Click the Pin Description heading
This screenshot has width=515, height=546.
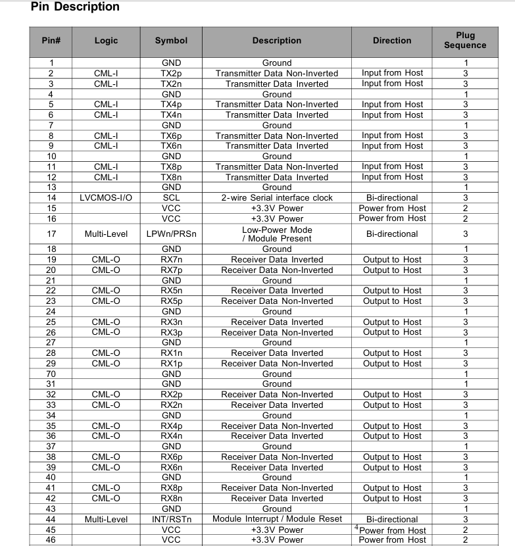[x=75, y=7]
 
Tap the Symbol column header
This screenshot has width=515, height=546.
[x=171, y=41]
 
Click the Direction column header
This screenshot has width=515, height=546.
[x=392, y=41]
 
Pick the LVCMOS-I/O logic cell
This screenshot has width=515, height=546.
[x=106, y=197]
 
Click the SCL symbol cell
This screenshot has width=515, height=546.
[x=171, y=197]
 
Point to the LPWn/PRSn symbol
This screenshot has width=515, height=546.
[x=171, y=234]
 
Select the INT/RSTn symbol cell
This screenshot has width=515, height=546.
[x=171, y=519]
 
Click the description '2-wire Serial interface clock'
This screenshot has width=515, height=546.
[x=277, y=197]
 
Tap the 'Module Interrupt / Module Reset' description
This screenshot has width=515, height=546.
[x=277, y=519]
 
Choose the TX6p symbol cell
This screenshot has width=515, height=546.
[x=171, y=136]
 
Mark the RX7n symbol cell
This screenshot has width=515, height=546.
[x=171, y=260]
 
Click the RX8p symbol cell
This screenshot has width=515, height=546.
[x=171, y=488]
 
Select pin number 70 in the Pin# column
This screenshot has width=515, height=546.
[x=51, y=374]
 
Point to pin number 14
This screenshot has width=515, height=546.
[x=51, y=197]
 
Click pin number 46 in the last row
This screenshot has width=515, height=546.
[x=51, y=540]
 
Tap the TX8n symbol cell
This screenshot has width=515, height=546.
[x=171, y=177]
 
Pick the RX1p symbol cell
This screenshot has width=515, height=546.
[x=171, y=364]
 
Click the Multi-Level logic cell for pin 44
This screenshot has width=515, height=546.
[x=106, y=520]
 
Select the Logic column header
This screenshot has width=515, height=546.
[x=106, y=41]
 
